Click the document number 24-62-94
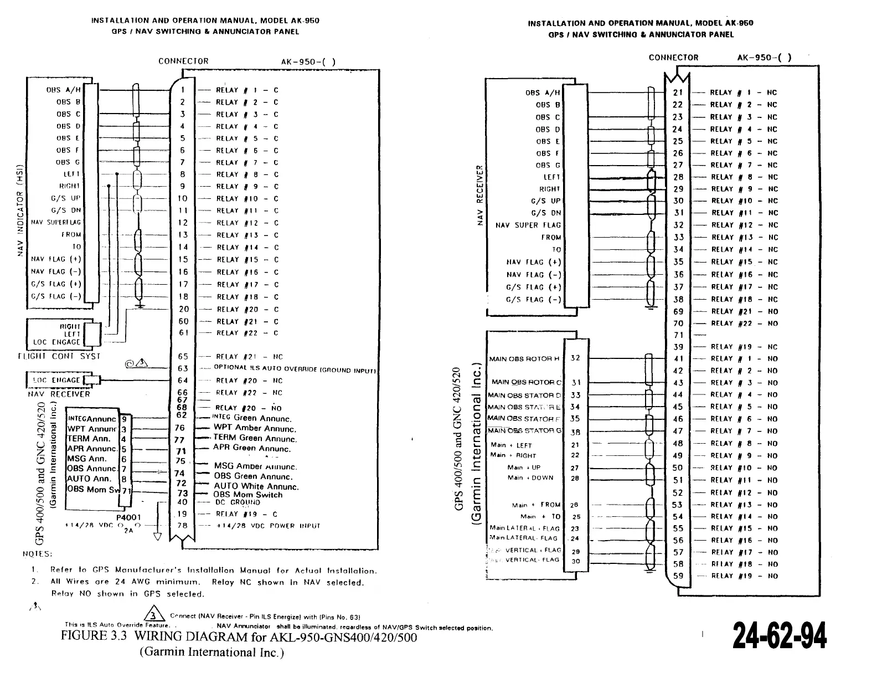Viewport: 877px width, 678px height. [x=780, y=635]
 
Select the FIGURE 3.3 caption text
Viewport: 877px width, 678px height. [x=239, y=636]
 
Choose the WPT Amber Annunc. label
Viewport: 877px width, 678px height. [x=255, y=428]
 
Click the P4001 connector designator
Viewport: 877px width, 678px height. [x=129, y=517]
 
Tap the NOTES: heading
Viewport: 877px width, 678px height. [x=37, y=554]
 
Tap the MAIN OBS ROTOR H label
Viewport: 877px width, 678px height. [x=524, y=359]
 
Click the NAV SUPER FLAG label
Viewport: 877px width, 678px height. [x=528, y=225]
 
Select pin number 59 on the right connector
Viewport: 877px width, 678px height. [x=678, y=576]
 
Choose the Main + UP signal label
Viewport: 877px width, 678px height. [x=524, y=468]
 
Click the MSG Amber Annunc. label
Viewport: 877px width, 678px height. [x=255, y=467]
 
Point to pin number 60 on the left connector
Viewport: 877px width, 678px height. [x=184, y=321]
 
